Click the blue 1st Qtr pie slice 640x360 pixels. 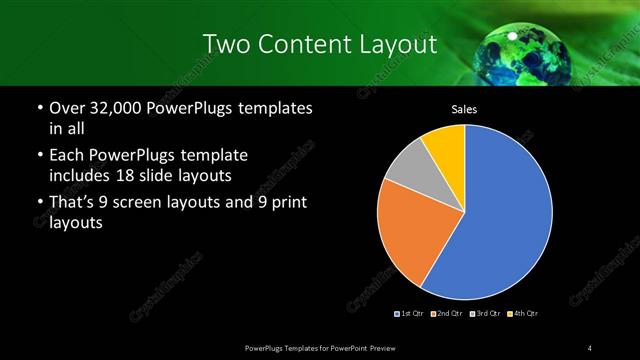tap(505, 220)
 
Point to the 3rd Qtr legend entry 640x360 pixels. tap(486, 314)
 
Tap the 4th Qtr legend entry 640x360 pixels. tap(522, 314)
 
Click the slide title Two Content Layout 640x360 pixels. tap(319, 44)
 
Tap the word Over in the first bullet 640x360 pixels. tap(66, 107)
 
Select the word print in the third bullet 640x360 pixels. tap(287, 203)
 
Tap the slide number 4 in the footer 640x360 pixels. tap(590, 347)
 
